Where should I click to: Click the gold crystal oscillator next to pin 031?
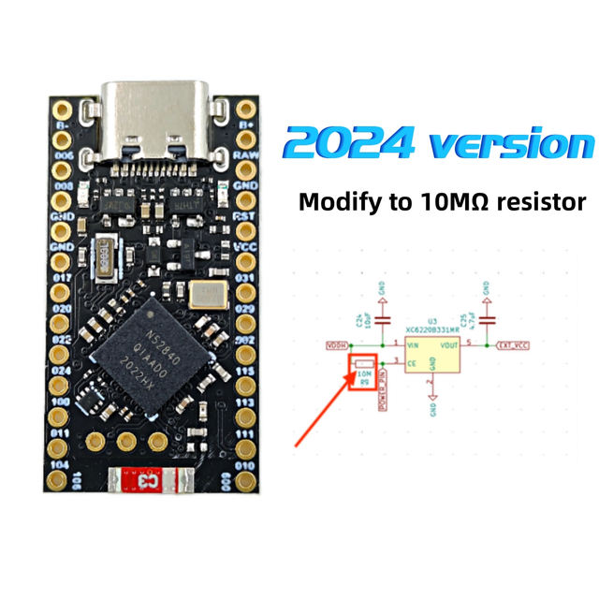pos(206,294)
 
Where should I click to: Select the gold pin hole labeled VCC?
pos(246,232)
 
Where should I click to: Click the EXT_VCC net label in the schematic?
pos(515,345)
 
